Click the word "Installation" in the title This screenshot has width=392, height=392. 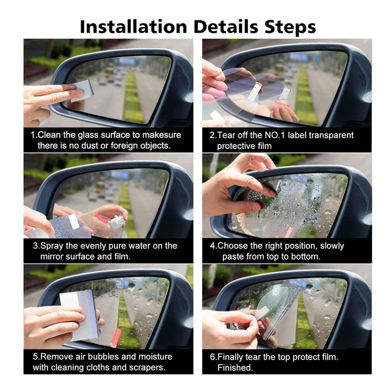pyautogui.click(x=133, y=26)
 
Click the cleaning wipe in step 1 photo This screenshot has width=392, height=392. pyautogui.click(x=82, y=91)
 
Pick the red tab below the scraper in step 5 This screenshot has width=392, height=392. pyautogui.click(x=116, y=338)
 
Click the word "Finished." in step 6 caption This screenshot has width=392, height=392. pyautogui.click(x=235, y=367)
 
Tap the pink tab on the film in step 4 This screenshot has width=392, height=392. pyautogui.click(x=289, y=232)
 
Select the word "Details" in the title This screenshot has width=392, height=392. pyautogui.click(x=226, y=26)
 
